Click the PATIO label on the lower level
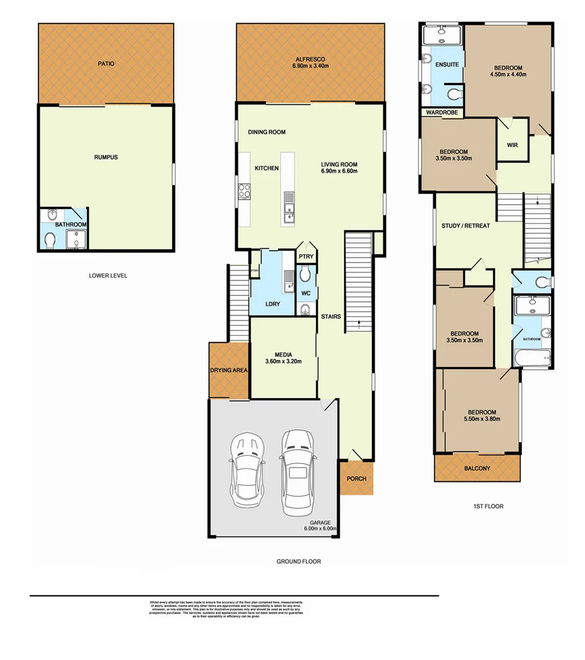click(105, 63)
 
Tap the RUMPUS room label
click(105, 157)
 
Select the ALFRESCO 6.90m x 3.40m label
click(311, 63)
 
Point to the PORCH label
click(356, 478)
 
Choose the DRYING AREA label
click(229, 370)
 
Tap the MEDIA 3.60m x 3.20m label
click(283, 358)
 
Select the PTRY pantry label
click(305, 256)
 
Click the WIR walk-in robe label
click(512, 145)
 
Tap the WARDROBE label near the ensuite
click(441, 113)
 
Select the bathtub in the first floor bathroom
click(532, 359)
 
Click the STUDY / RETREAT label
click(465, 226)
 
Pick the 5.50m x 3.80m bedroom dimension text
click(481, 419)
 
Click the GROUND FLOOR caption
click(298, 561)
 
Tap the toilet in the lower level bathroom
click(51, 239)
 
